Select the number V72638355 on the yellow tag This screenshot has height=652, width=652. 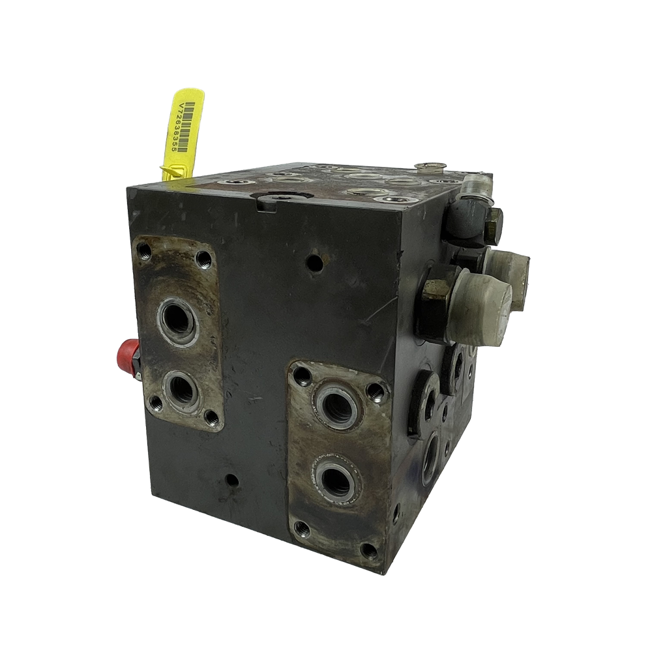pyautogui.click(x=176, y=128)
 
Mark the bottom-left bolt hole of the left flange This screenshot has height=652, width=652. pyautogui.click(x=156, y=402)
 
